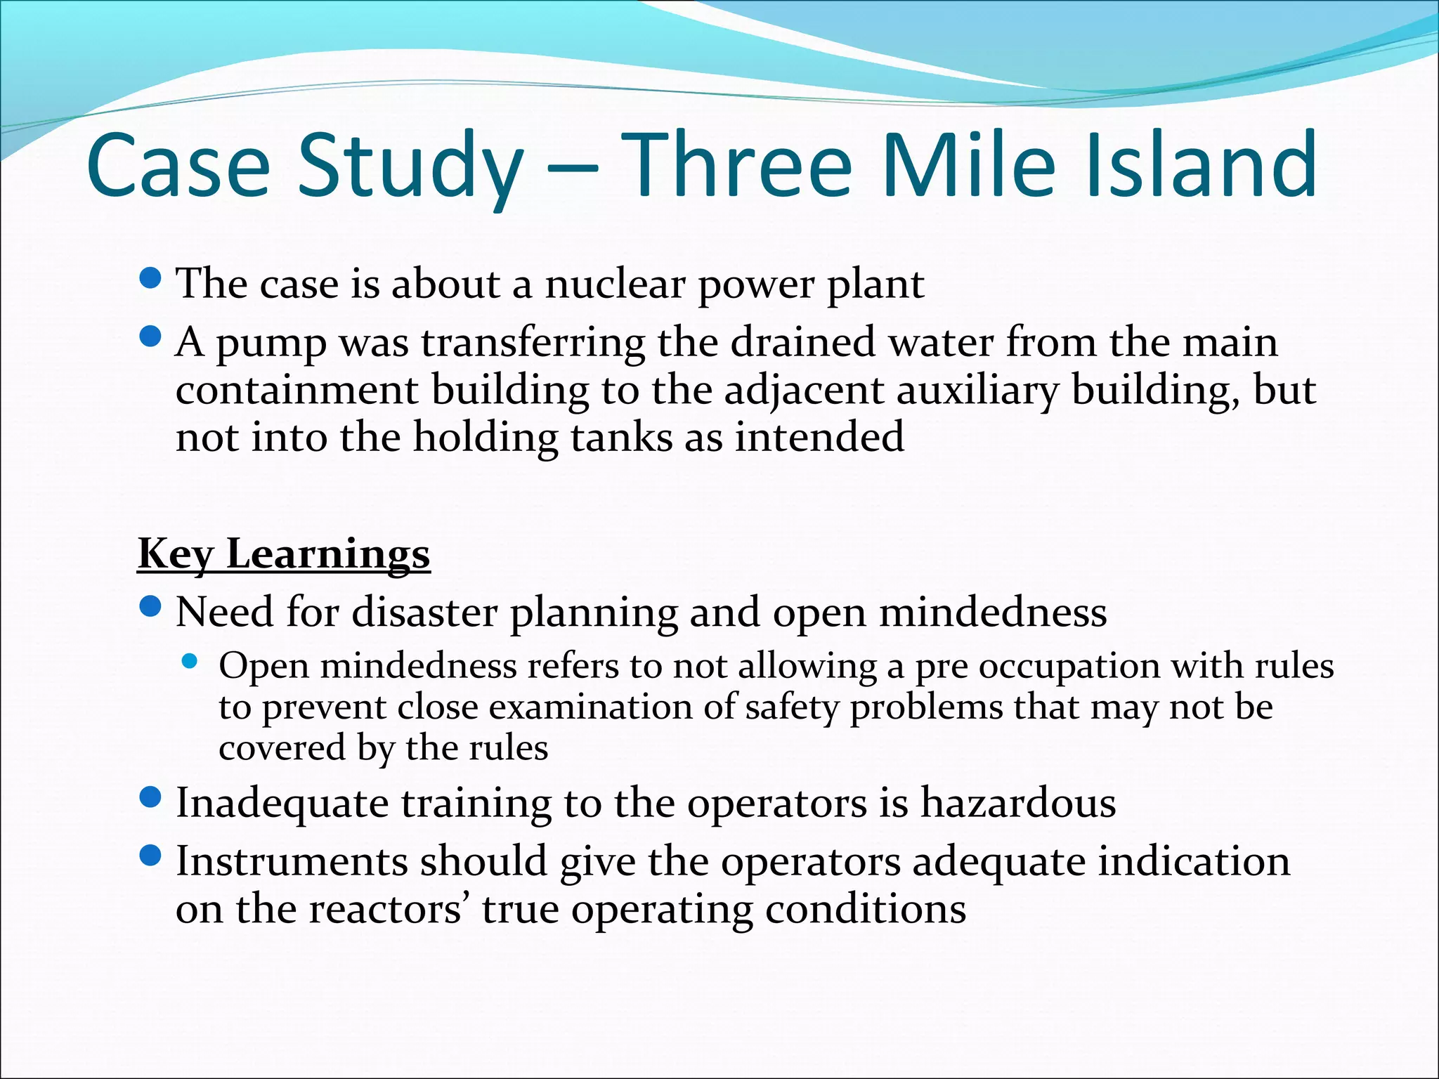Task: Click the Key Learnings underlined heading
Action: click(283, 555)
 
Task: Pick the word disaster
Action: click(424, 612)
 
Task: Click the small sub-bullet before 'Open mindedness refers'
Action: click(189, 661)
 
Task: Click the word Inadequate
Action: click(282, 803)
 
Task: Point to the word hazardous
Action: click(1017, 803)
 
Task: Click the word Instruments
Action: click(292, 862)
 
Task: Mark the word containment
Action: click(297, 391)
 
